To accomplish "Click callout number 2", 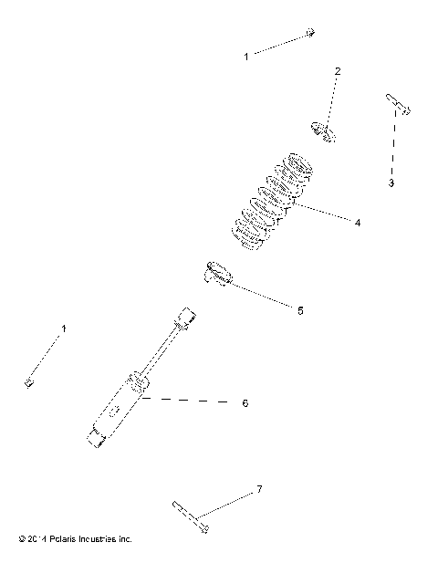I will [x=337, y=70].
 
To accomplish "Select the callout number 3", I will [x=391, y=183].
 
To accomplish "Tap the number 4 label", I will [x=358, y=222].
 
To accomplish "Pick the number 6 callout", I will [x=244, y=401].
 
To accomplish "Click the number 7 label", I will [x=258, y=490].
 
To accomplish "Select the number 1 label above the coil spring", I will [x=245, y=57].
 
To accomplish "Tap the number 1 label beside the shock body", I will [x=63, y=327].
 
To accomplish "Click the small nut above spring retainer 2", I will [x=310, y=33].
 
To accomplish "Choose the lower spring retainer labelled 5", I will [x=214, y=272].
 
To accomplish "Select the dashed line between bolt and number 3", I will [x=393, y=146].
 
